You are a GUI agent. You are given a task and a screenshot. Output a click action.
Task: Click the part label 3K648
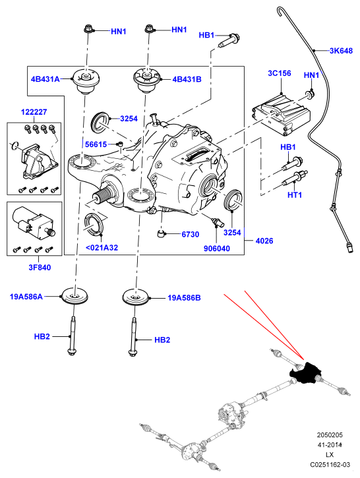pyautogui.click(x=341, y=51)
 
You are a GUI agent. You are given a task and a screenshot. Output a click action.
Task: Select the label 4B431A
pyautogui.click(x=45, y=79)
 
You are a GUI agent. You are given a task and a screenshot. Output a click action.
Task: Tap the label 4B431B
pyautogui.click(x=187, y=79)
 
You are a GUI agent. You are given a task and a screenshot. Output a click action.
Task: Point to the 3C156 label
pyautogui.click(x=280, y=73)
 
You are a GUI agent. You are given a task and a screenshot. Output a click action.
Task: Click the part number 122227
pyautogui.click(x=34, y=112)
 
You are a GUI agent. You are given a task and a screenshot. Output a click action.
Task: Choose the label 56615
pyautogui.click(x=96, y=144)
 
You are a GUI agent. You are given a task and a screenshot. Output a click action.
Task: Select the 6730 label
pyautogui.click(x=191, y=235)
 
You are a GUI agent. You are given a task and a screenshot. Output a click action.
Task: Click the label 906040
pyautogui.click(x=217, y=249)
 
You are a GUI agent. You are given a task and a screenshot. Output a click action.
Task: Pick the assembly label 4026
pyautogui.click(x=264, y=241)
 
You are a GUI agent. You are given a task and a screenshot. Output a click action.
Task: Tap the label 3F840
pyautogui.click(x=40, y=268)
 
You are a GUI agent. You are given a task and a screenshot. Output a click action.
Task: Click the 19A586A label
pyautogui.click(x=26, y=296)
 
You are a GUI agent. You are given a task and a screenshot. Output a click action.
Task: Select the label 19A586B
pyautogui.click(x=184, y=298)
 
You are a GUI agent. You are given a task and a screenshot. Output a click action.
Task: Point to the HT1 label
pyautogui.click(x=295, y=194)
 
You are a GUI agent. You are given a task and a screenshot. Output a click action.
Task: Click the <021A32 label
pyautogui.click(x=102, y=247)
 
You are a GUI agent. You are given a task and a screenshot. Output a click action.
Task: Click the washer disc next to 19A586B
pyautogui.click(x=136, y=297)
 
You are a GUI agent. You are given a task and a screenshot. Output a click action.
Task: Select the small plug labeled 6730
pyautogui.click(x=161, y=234)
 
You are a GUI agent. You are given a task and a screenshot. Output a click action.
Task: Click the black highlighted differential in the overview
pyautogui.click(x=305, y=373)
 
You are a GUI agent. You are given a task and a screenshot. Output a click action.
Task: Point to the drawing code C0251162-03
pyautogui.click(x=330, y=465)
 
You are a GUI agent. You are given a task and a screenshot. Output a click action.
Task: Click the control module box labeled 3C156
pyautogui.click(x=281, y=114)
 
